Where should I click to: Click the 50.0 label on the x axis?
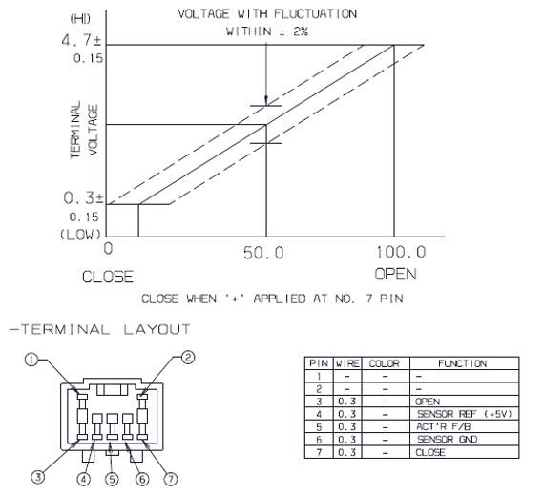click(x=263, y=253)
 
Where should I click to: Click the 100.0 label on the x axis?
click(x=401, y=252)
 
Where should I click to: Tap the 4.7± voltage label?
click(x=81, y=40)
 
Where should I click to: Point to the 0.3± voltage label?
click(x=83, y=198)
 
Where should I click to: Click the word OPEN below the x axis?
click(x=395, y=274)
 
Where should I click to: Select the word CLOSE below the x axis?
click(x=108, y=277)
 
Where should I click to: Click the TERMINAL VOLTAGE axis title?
click(x=84, y=130)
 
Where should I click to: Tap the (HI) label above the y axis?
click(x=80, y=18)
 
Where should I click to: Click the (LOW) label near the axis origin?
click(x=81, y=235)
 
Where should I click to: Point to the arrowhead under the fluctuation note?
click(x=266, y=100)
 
